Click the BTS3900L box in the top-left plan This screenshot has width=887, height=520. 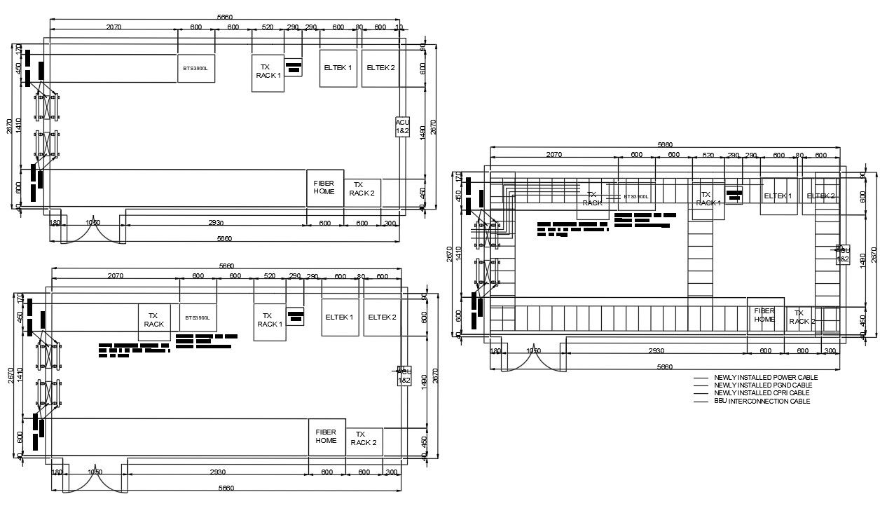pos(195,69)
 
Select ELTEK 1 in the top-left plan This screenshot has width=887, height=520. pos(338,68)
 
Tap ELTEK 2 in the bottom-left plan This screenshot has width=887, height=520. pos(382,317)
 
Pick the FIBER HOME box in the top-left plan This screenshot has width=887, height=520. pos(324,187)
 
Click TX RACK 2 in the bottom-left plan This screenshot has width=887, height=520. pos(364,439)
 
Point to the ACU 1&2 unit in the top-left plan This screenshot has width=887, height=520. pos(402,127)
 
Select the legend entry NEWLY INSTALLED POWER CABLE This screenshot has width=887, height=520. pos(765,378)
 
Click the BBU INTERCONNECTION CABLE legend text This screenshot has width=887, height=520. pos(762,402)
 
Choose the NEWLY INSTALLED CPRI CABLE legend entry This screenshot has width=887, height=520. pos(761,393)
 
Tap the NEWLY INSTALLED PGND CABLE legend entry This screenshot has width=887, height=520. pos(762,385)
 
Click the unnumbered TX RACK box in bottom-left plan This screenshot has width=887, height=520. pos(153,320)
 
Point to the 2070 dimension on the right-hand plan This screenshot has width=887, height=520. pos(553,155)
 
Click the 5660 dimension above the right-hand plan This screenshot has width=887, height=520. pos(665,144)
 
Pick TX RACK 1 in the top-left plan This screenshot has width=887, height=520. pos(268,71)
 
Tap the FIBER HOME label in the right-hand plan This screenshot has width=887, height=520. pos(764,315)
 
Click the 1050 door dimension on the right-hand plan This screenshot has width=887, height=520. pos(533,351)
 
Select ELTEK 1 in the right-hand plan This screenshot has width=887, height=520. pos(778,196)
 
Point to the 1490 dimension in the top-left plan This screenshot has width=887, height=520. pos(422,133)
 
